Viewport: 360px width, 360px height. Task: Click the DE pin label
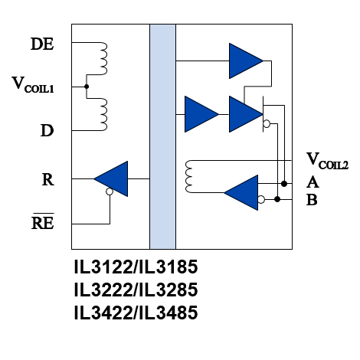click(42, 44)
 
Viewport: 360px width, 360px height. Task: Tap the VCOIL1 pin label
click(33, 85)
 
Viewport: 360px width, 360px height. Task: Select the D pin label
click(47, 130)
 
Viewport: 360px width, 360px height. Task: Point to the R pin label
click(48, 179)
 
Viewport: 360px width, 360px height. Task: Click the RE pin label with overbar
click(43, 221)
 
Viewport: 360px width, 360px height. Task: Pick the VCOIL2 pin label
click(327, 161)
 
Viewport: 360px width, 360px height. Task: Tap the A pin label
click(313, 182)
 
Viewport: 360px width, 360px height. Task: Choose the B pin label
click(312, 200)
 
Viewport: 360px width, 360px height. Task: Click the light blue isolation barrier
click(162, 136)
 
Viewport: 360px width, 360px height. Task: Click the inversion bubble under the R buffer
click(110, 191)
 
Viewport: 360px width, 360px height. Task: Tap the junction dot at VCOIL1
click(87, 87)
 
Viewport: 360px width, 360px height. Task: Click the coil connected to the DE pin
click(103, 58)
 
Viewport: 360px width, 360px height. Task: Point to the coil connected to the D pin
click(103, 114)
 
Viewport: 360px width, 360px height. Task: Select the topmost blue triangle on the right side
click(246, 61)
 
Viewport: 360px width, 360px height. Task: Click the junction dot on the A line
click(284, 184)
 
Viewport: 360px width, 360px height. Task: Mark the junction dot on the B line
click(277, 199)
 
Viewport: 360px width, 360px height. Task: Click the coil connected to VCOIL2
click(189, 176)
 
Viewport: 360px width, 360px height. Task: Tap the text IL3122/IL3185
click(136, 267)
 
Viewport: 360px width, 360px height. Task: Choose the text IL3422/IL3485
click(136, 313)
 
